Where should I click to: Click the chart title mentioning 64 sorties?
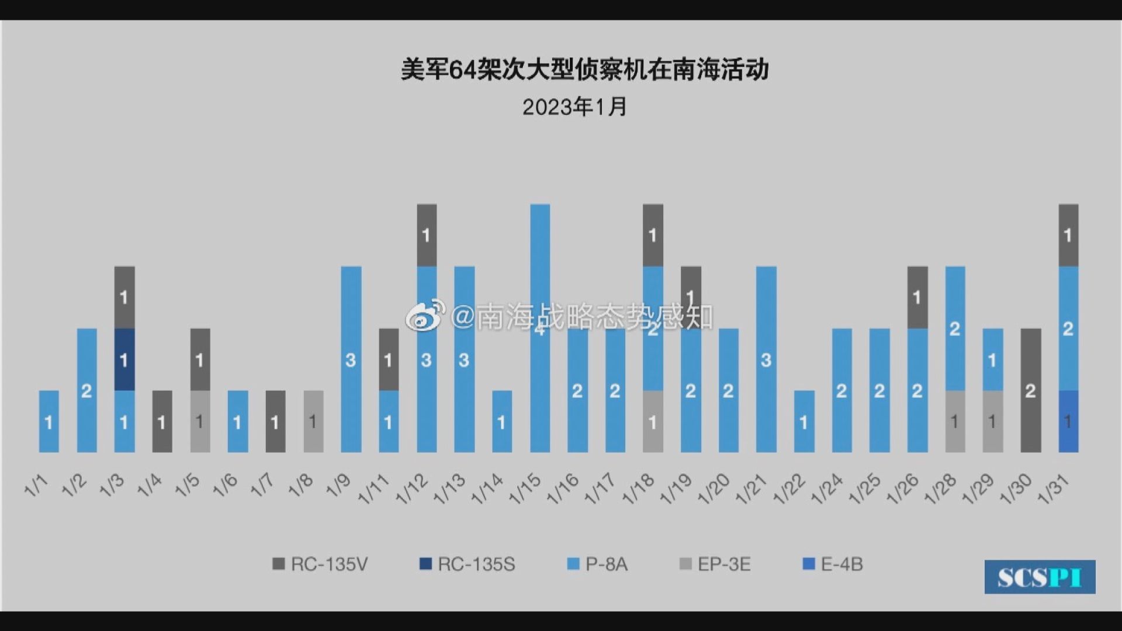coord(584,70)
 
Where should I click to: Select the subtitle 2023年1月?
coord(574,107)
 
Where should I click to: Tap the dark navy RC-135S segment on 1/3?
coord(124,359)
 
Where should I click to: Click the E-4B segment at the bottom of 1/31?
coord(1068,421)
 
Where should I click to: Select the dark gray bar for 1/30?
coord(1030,390)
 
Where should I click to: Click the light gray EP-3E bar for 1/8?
coord(313,421)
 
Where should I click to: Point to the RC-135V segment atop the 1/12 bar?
coord(427,235)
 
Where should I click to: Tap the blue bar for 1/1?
coord(49,421)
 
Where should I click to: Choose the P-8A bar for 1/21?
coord(766,359)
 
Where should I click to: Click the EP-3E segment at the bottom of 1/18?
coord(653,421)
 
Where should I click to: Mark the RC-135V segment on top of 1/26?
coord(917,297)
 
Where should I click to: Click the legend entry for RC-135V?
coord(320,564)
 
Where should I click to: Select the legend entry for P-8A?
coord(598,564)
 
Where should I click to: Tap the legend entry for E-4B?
coord(833,564)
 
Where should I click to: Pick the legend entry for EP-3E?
coord(715,564)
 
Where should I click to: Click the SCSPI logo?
coord(1040,577)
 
